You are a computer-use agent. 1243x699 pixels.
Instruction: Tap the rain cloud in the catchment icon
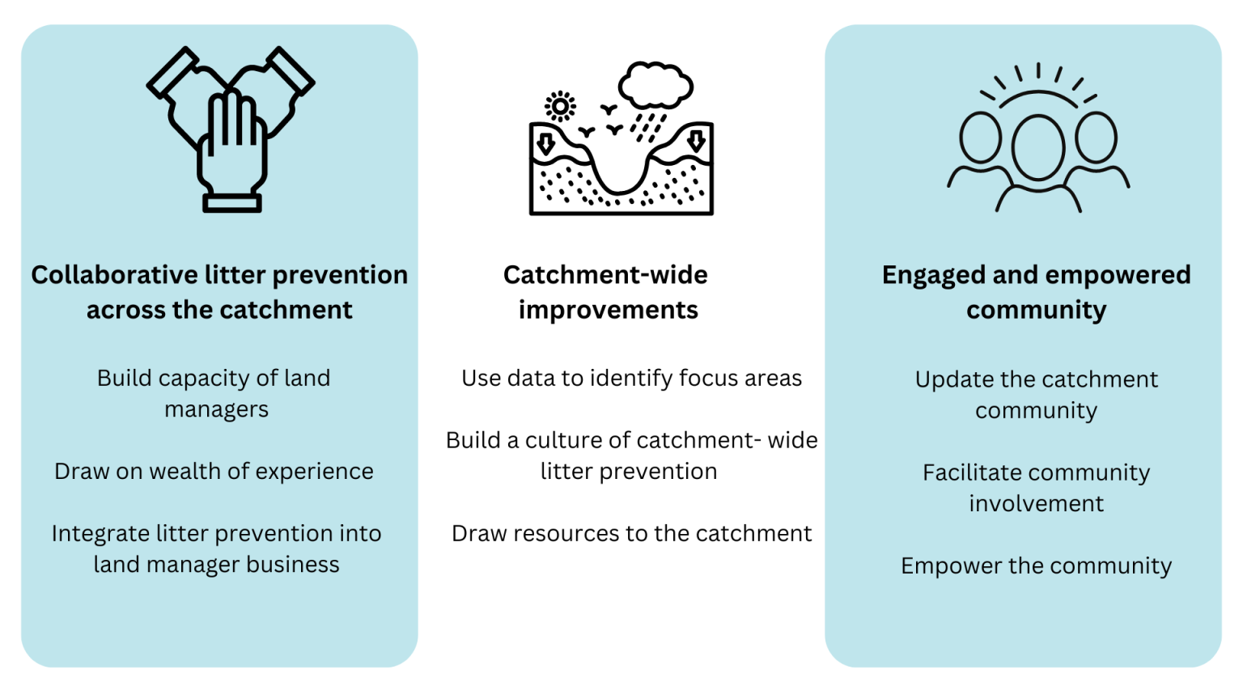(x=656, y=86)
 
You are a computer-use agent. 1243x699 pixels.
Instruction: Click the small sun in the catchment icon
(x=560, y=106)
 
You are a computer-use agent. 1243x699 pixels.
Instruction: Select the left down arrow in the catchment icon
(x=545, y=144)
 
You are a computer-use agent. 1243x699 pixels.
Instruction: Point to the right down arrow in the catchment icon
(x=697, y=140)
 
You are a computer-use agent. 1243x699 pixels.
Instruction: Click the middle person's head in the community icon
(x=1038, y=147)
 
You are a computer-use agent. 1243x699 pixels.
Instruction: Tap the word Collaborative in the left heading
(x=114, y=275)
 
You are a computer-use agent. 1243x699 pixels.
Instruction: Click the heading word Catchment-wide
(x=605, y=275)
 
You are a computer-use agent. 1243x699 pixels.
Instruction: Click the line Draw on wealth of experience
(x=214, y=472)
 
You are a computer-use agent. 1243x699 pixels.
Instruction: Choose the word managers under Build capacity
(x=216, y=410)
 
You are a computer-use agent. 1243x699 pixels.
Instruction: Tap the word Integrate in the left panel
(x=100, y=534)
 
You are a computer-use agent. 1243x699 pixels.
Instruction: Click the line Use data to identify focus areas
(x=631, y=379)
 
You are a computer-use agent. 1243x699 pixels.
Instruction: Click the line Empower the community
(x=1036, y=566)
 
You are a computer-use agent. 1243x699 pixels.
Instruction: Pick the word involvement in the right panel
(x=1036, y=504)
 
